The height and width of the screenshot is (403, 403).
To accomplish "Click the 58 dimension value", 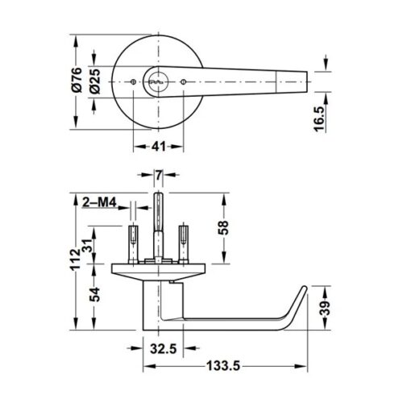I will [x=224, y=230].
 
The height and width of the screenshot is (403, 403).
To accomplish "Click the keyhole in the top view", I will [x=158, y=81].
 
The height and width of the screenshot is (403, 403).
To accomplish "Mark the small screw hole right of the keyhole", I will [x=185, y=81].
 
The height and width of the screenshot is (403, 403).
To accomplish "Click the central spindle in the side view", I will [x=158, y=222].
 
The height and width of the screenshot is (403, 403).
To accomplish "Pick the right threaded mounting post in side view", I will [x=185, y=240].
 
